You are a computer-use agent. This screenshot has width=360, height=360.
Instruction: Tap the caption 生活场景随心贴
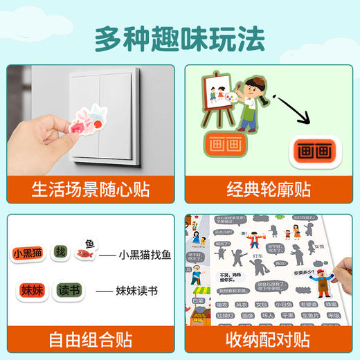90,188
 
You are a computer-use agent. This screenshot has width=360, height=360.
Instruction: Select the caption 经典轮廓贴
270,188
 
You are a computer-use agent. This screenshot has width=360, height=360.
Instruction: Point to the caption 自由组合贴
90,340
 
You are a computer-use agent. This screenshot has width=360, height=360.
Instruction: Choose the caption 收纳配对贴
270,340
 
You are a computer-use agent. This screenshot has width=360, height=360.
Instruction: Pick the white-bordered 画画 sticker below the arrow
314,150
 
